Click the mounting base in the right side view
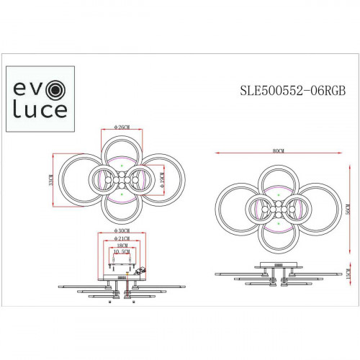tap(274, 270)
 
